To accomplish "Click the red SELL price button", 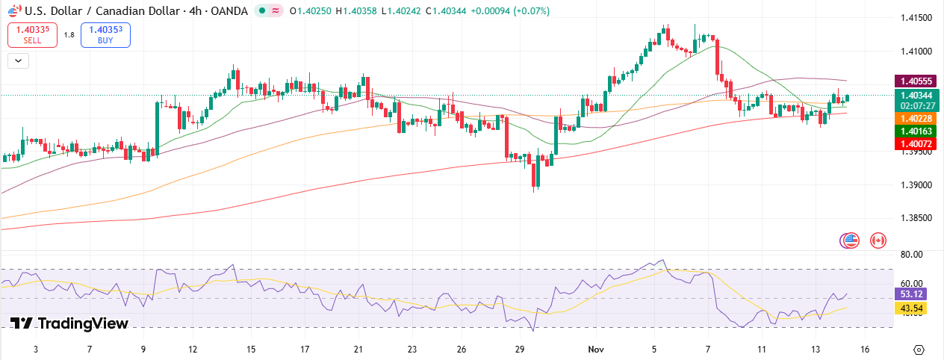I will [x=32, y=34].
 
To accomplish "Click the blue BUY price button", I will [x=105, y=34].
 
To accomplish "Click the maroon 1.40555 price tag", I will [x=915, y=81].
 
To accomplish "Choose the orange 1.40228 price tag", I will [x=915, y=119].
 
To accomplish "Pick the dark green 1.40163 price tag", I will [x=915, y=131].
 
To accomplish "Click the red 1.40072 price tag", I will [x=915, y=143].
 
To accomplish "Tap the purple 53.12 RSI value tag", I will [x=913, y=294].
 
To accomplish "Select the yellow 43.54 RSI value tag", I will [x=913, y=307].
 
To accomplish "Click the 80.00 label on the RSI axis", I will [x=911, y=255].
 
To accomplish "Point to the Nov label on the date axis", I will [x=595, y=349].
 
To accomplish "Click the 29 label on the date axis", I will [x=520, y=349].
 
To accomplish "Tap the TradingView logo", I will [x=69, y=323].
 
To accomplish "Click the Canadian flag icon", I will [x=878, y=240].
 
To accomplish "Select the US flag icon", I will [x=850, y=240].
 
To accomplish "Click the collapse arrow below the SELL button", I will [x=17, y=61].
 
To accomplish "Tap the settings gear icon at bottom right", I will [x=919, y=350].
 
